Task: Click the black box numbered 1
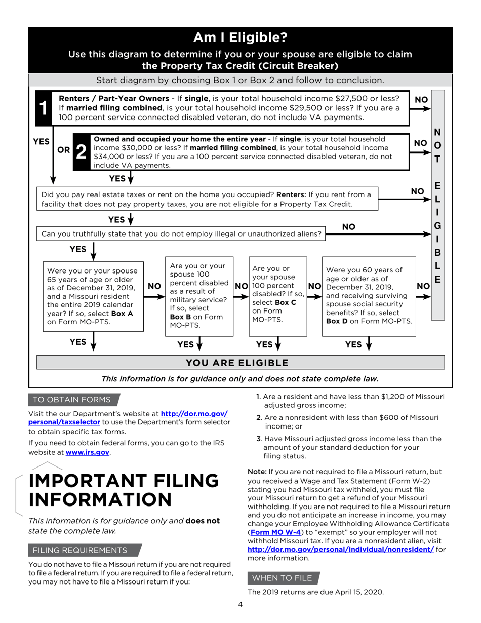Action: pos(44,108)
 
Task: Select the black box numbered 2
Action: pos(82,151)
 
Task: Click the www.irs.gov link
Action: pos(88,452)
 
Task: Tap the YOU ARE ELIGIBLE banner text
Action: pos(237,363)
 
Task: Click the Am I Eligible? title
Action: pos(240,37)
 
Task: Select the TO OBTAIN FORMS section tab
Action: pos(71,400)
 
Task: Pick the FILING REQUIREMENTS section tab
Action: pos(80,550)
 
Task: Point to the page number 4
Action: pos(240,604)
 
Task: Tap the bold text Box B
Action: pos(181,317)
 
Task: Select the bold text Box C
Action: pos(286,302)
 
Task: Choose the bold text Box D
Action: pos(337,321)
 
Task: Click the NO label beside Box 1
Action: pos(421,100)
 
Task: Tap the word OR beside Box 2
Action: pos(64,150)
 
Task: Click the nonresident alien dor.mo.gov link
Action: pos(340,549)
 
